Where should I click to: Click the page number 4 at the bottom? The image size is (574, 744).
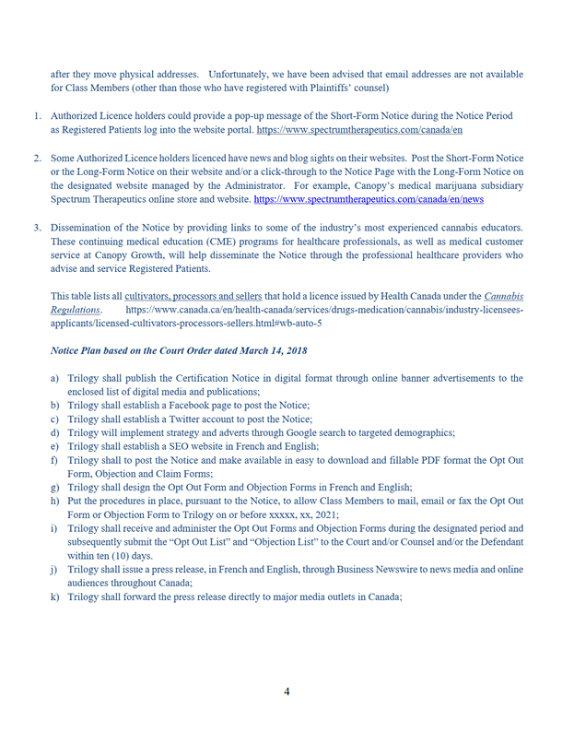[x=287, y=692]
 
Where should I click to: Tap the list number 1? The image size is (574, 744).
[x=38, y=117]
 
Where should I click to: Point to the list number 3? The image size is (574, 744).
[x=38, y=228]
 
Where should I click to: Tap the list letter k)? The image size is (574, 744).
[x=57, y=596]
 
